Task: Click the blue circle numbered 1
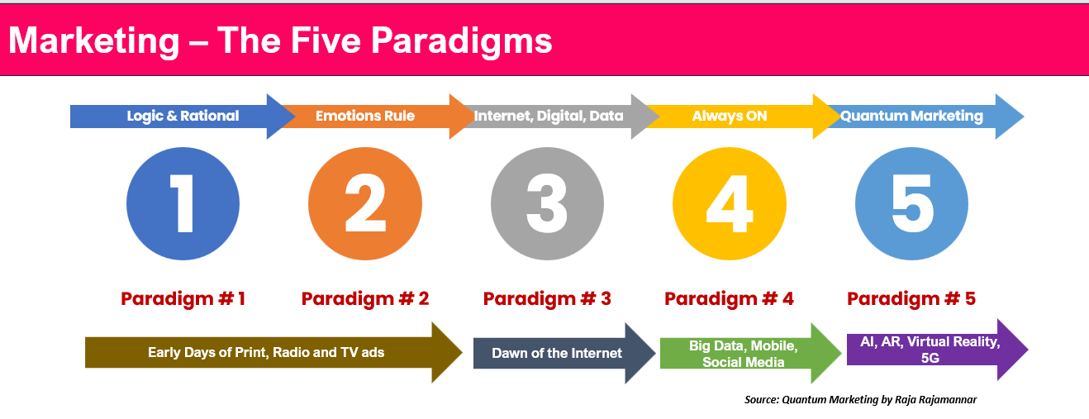(x=183, y=203)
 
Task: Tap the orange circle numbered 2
(x=365, y=203)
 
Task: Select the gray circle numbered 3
(x=548, y=203)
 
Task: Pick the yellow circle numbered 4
(x=730, y=203)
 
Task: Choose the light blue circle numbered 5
(x=911, y=203)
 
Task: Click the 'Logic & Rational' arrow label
(x=183, y=117)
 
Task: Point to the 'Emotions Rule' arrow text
(x=365, y=117)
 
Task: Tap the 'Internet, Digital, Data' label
(x=549, y=117)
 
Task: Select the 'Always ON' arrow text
(x=730, y=117)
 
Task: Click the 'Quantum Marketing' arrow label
(x=911, y=117)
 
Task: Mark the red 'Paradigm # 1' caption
(x=183, y=298)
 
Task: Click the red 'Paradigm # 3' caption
(x=547, y=298)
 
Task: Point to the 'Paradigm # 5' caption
(x=911, y=298)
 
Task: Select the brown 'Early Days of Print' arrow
(x=273, y=352)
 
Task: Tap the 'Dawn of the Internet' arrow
(x=564, y=353)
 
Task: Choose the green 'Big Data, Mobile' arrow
(x=750, y=354)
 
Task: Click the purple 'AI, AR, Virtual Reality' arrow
(x=937, y=350)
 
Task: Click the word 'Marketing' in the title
(x=94, y=40)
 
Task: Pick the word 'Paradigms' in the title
(x=461, y=40)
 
